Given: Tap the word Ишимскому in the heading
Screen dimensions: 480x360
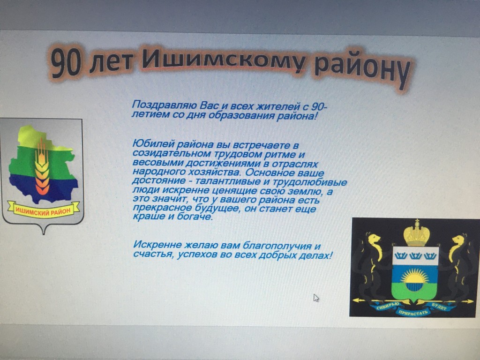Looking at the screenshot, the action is [224, 60].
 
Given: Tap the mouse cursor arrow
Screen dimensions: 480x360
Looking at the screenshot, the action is [316, 298].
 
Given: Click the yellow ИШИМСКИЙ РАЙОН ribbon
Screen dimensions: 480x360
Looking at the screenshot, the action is [43, 210].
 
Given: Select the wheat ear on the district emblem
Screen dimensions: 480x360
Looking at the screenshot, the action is [42, 167].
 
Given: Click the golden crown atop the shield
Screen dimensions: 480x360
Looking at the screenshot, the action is [416, 233].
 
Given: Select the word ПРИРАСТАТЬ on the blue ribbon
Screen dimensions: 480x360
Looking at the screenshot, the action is [412, 312].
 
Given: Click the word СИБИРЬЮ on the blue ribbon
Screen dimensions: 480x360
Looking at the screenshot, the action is [388, 306].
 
